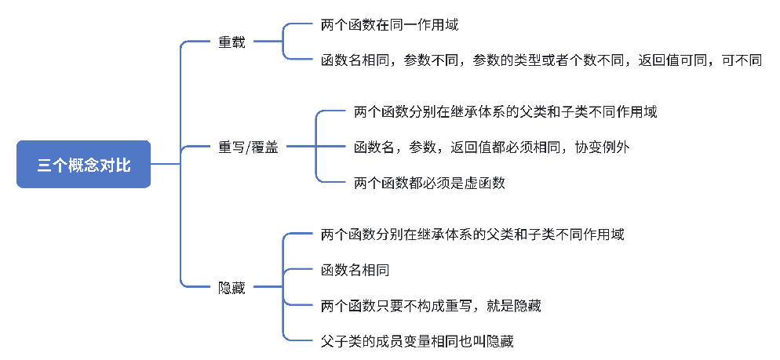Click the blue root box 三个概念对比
point(83,165)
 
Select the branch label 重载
point(231,42)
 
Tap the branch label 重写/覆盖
point(248,147)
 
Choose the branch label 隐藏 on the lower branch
point(231,288)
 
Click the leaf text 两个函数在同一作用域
point(389,24)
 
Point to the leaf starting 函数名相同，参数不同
point(541,60)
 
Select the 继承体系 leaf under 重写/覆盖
point(505,111)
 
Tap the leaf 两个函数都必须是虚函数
point(429,183)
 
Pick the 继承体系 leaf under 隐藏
point(472,235)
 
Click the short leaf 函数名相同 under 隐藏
point(355,271)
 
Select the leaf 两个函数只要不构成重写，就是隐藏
point(431,306)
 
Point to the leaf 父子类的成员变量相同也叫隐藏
point(417,341)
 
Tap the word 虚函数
point(486,183)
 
